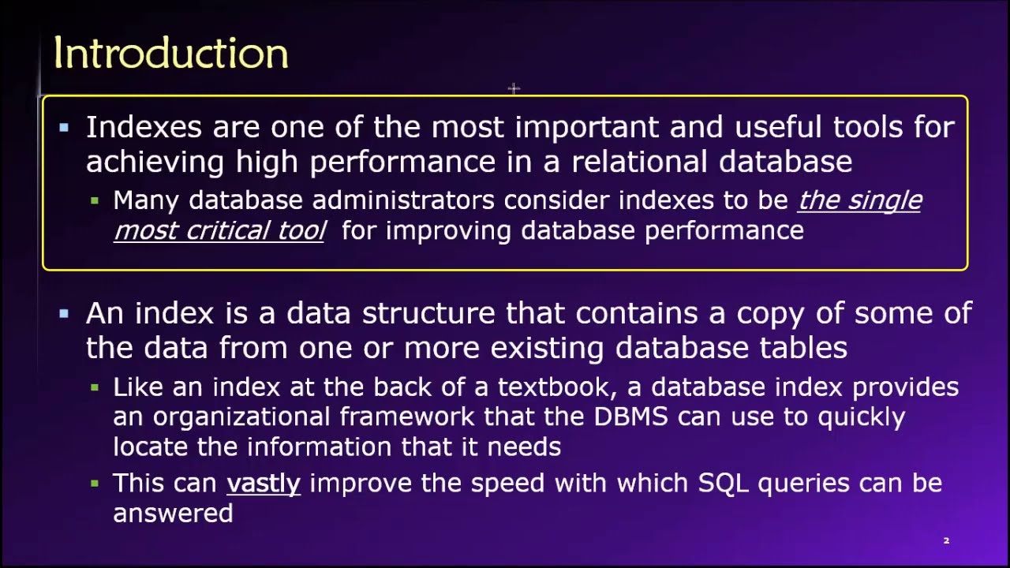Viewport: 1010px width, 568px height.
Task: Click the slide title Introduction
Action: click(x=171, y=54)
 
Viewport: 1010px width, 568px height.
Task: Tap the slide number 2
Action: click(x=946, y=540)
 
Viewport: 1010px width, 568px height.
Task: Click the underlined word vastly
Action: click(x=264, y=484)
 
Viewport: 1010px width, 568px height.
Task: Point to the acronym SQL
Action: click(x=723, y=484)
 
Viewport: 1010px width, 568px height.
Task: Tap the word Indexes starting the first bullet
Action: click(x=144, y=127)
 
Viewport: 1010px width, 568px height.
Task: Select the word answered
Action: click(x=173, y=514)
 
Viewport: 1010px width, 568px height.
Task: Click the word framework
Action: click(x=407, y=417)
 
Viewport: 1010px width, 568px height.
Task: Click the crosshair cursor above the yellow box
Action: click(x=514, y=89)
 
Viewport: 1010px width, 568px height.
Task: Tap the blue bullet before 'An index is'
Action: click(x=64, y=314)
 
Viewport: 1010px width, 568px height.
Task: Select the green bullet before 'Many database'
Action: click(x=95, y=201)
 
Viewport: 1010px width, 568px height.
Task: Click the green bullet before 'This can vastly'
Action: click(x=95, y=484)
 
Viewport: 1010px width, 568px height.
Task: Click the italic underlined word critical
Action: click(x=227, y=230)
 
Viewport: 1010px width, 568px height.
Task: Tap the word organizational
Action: click(x=241, y=417)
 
